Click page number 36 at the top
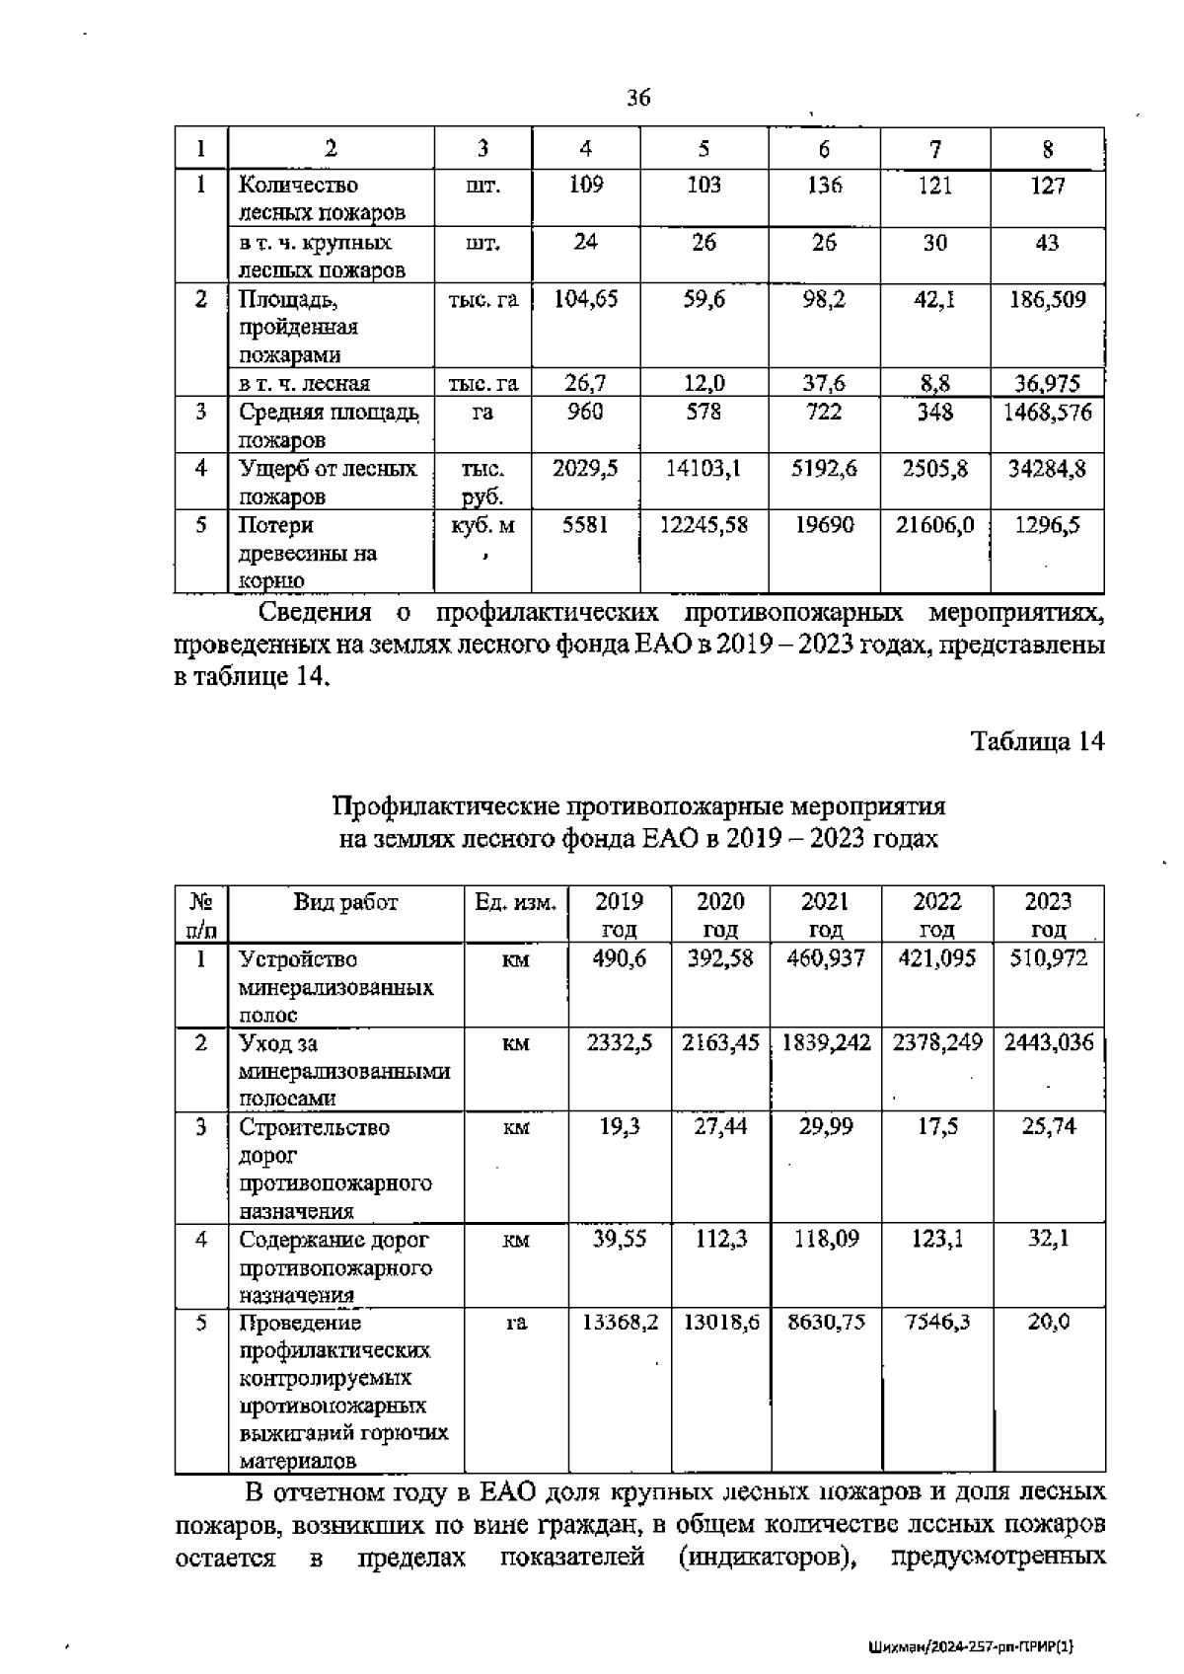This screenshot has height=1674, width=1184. tap(638, 98)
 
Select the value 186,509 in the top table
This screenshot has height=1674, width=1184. tap(1047, 299)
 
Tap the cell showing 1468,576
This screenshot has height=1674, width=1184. tap(1047, 412)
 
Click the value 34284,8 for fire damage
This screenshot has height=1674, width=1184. tap(1047, 469)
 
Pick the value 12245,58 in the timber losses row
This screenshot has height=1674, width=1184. tap(703, 525)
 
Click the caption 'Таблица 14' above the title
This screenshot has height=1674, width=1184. tap(1037, 741)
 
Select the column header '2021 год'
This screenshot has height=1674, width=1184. tap(825, 915)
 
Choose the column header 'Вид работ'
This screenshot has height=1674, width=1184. tap(345, 901)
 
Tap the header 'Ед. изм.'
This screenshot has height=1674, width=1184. tap(515, 901)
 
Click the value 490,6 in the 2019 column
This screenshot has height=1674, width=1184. tap(619, 958)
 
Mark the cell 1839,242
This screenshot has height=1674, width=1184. tap(826, 1042)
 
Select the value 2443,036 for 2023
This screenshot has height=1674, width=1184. tap(1049, 1042)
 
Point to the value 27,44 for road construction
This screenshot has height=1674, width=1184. tap(720, 1126)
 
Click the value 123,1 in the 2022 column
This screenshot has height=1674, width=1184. tap(936, 1238)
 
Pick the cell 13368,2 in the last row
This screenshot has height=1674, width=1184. tap(619, 1322)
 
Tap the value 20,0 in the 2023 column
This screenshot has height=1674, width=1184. tap(1049, 1322)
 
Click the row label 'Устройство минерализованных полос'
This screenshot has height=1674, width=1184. tap(335, 986)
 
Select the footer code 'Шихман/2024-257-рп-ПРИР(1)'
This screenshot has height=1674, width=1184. tap(972, 1646)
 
